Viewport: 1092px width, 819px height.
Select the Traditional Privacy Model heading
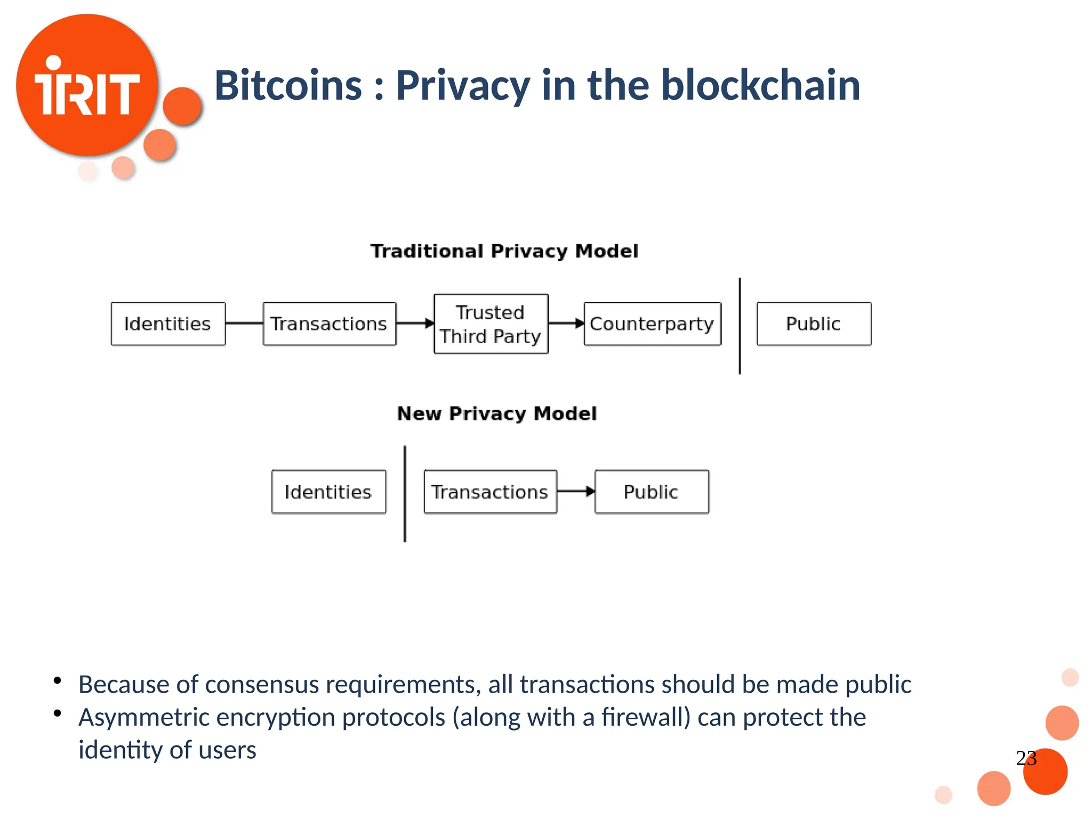pyautogui.click(x=504, y=251)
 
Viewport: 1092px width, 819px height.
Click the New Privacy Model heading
pyautogui.click(x=496, y=413)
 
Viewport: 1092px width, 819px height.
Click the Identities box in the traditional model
pyautogui.click(x=168, y=324)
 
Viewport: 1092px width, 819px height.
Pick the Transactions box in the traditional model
pyautogui.click(x=329, y=324)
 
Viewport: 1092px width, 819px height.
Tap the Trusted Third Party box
pyautogui.click(x=491, y=324)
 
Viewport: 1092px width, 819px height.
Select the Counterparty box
pyautogui.click(x=652, y=324)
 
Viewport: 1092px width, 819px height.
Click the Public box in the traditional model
pyautogui.click(x=814, y=324)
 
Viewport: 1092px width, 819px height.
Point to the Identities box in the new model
pyautogui.click(x=328, y=492)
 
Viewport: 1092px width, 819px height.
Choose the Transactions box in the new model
pyautogui.click(x=490, y=492)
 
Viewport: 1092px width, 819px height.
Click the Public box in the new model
pyautogui.click(x=652, y=492)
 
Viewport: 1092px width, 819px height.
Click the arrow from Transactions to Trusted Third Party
pyautogui.click(x=415, y=323)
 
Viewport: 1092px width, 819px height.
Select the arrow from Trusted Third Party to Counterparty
pyautogui.click(x=566, y=323)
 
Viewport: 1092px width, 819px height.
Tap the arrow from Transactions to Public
pyautogui.click(x=576, y=492)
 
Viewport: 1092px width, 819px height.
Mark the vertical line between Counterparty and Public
pyautogui.click(x=740, y=326)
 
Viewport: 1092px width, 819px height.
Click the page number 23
pyautogui.click(x=1026, y=758)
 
